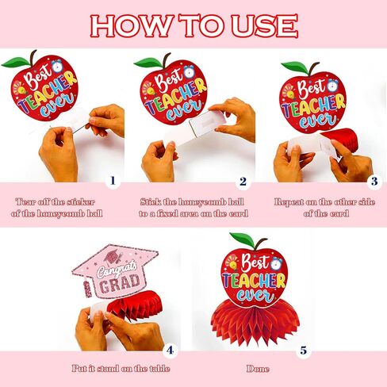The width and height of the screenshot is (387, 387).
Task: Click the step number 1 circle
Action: tap(113, 181)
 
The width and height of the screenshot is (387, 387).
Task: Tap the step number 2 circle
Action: tap(243, 182)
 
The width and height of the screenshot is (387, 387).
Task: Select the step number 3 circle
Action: tap(374, 182)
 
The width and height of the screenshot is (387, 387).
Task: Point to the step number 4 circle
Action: tap(170, 351)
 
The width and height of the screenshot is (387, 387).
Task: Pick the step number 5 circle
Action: tap(304, 351)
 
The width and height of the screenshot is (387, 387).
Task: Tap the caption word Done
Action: tap(258, 369)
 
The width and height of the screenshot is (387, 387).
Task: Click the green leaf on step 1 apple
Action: tap(16, 63)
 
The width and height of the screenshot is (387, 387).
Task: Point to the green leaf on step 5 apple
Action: tap(242, 239)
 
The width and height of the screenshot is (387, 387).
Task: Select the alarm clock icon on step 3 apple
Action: tap(332, 85)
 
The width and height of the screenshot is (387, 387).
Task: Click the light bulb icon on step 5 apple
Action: tap(233, 262)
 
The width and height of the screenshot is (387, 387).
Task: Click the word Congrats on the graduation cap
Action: tap(117, 269)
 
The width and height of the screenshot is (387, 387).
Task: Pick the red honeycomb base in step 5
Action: tap(255, 324)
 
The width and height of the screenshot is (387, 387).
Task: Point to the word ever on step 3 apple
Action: tap(319, 121)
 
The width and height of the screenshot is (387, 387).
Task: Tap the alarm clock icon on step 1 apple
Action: tap(56, 66)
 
